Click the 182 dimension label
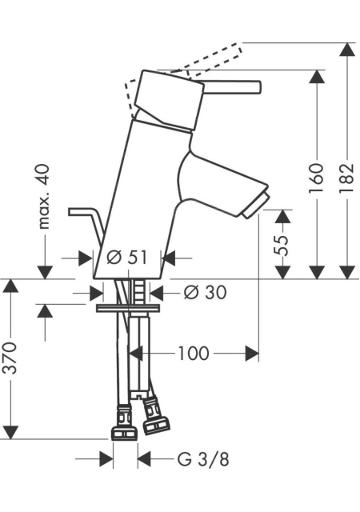pyautogui.click(x=346, y=178)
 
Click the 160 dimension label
pyautogui.click(x=316, y=178)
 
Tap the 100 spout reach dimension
pyautogui.click(x=194, y=353)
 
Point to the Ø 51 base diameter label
pyautogui.click(x=126, y=258)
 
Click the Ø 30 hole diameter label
pyautogui.click(x=205, y=292)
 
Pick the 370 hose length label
pyautogui.click(x=10, y=358)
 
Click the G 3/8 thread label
pyautogui.click(x=203, y=459)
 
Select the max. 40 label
pyautogui.click(x=44, y=196)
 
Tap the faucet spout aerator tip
pyautogui.click(x=256, y=206)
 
